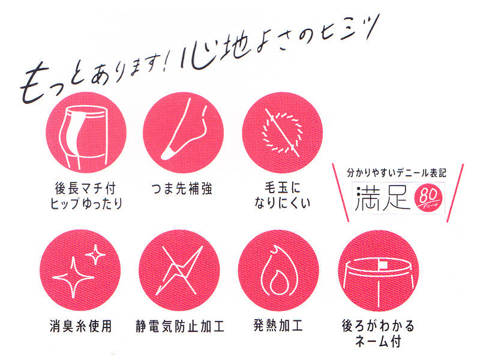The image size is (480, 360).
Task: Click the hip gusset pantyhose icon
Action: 86,132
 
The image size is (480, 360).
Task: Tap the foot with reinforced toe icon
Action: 183,132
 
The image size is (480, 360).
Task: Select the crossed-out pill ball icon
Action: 282,132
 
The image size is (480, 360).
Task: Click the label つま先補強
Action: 182,189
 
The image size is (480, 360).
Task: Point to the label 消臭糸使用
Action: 81,326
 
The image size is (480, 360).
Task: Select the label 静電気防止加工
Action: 180,326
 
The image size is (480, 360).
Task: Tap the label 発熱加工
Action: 278,325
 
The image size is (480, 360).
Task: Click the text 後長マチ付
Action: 85,188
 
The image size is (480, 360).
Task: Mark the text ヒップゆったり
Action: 86,203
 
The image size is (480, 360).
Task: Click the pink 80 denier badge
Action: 428,199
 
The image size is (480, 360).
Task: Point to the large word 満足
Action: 383,198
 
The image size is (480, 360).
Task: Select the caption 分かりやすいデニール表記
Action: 397,173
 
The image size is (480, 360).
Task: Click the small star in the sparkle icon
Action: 95,254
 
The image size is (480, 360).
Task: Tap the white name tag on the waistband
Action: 383,265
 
